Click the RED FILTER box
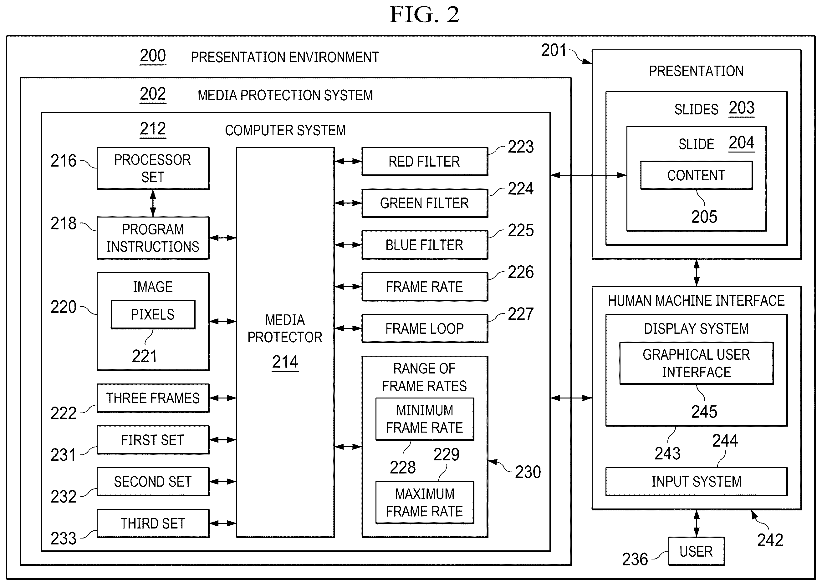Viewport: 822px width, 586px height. tap(425, 161)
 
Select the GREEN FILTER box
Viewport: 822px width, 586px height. tap(425, 203)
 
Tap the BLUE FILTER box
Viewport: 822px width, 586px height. tap(425, 245)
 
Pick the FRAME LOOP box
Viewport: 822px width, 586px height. tap(425, 328)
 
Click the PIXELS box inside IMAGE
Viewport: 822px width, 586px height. tap(153, 314)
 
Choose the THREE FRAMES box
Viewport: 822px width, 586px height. tap(153, 398)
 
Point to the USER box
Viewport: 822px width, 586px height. tap(696, 551)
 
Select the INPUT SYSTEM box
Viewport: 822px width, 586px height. tap(696, 482)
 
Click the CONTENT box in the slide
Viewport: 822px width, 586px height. tap(696, 175)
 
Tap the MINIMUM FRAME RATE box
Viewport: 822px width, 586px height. tap(425, 419)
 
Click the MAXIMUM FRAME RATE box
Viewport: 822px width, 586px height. tap(425, 502)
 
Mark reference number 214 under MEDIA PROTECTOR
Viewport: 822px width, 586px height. tap(285, 362)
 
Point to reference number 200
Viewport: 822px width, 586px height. tap(153, 56)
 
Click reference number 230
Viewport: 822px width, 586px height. tap(528, 472)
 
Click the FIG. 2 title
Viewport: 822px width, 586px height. tap(424, 14)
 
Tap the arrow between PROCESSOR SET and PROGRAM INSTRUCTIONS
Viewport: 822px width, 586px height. tap(153, 203)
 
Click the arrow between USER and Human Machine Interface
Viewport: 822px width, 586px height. tap(696, 523)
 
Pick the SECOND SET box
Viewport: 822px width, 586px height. tap(153, 482)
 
